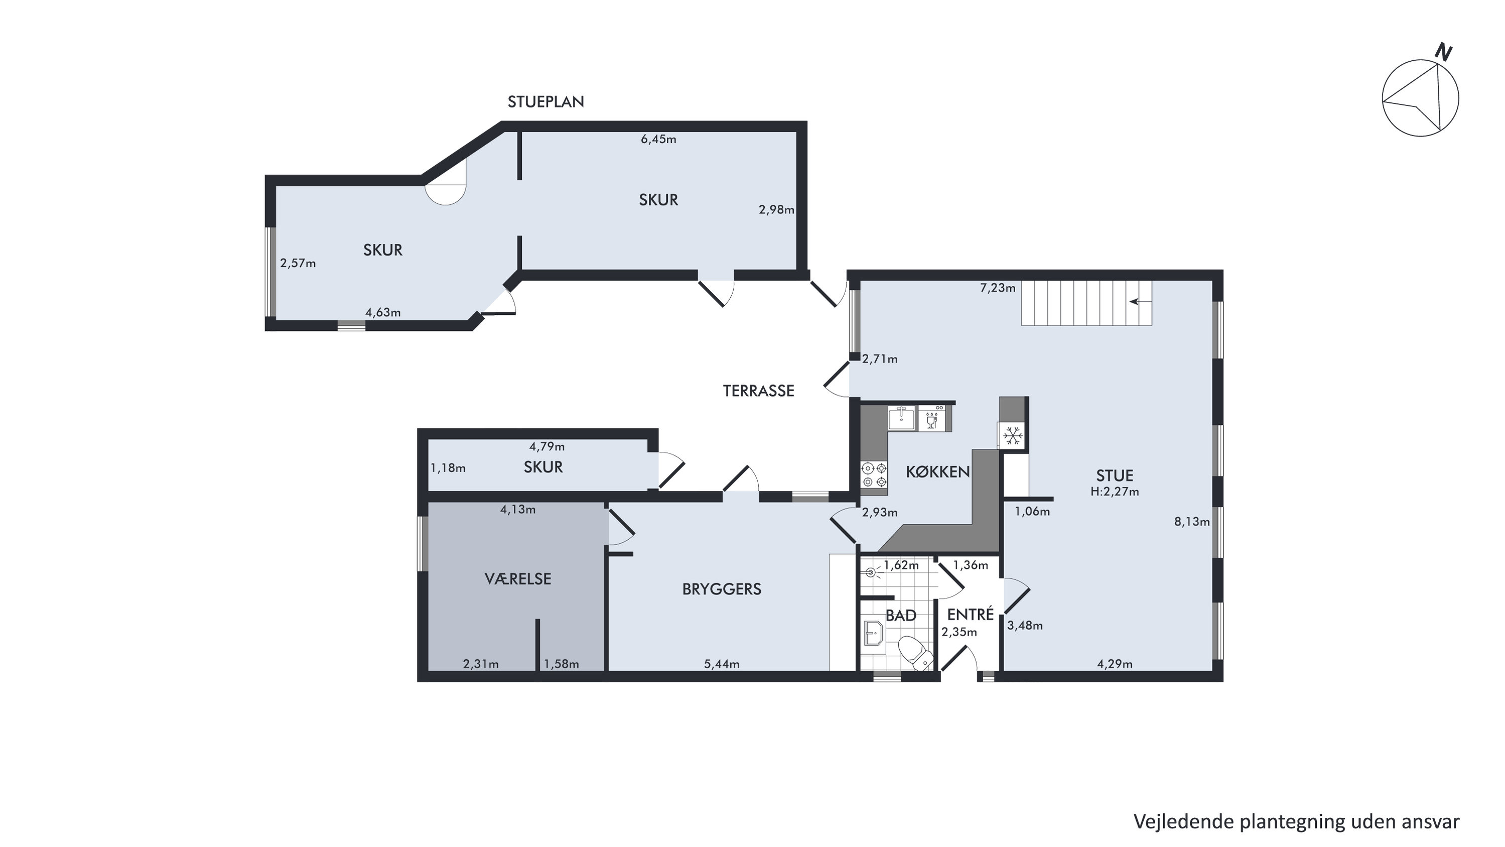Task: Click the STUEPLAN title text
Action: coord(545,102)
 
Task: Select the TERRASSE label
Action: coord(758,391)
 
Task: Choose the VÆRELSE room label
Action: coord(517,579)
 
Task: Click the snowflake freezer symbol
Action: coord(1012,435)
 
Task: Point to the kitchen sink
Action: coord(901,418)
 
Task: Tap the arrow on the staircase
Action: coord(1140,302)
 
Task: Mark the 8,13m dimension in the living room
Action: coord(1192,522)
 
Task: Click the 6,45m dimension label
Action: coord(658,139)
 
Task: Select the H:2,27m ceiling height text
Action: coord(1115,492)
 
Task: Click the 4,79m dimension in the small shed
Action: coord(547,446)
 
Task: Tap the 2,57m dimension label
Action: coord(298,263)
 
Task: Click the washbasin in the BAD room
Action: coord(874,634)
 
